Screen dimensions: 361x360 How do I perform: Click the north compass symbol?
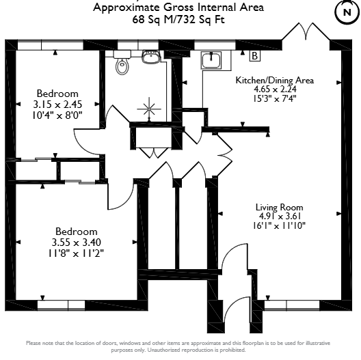click(x=347, y=12)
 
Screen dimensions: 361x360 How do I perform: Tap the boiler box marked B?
click(x=254, y=56)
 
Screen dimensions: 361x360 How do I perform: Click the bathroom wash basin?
click(x=151, y=57)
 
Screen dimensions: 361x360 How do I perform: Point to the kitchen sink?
click(x=211, y=60)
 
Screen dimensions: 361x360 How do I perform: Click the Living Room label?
click(x=279, y=207)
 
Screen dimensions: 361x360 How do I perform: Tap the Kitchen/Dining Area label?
click(x=274, y=81)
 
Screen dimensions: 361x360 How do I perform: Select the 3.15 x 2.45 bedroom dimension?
click(x=57, y=105)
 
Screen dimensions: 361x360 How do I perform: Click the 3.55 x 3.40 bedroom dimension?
click(x=76, y=243)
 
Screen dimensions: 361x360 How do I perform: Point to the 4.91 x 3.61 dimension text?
click(x=280, y=217)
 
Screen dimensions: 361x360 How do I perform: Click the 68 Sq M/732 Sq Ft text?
click(x=178, y=19)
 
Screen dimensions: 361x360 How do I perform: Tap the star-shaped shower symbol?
click(x=149, y=109)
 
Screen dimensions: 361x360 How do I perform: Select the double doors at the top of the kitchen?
click(x=306, y=31)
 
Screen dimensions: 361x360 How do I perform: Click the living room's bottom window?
click(x=292, y=305)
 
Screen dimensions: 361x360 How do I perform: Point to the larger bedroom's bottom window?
click(x=61, y=305)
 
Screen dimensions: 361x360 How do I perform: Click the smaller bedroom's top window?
click(x=51, y=44)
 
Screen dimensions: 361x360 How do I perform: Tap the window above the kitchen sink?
click(x=215, y=45)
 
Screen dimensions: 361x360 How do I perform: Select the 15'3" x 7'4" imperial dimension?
click(x=274, y=98)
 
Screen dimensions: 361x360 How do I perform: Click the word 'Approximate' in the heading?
click(x=126, y=8)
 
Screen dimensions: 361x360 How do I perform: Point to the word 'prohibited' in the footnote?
click(x=232, y=350)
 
